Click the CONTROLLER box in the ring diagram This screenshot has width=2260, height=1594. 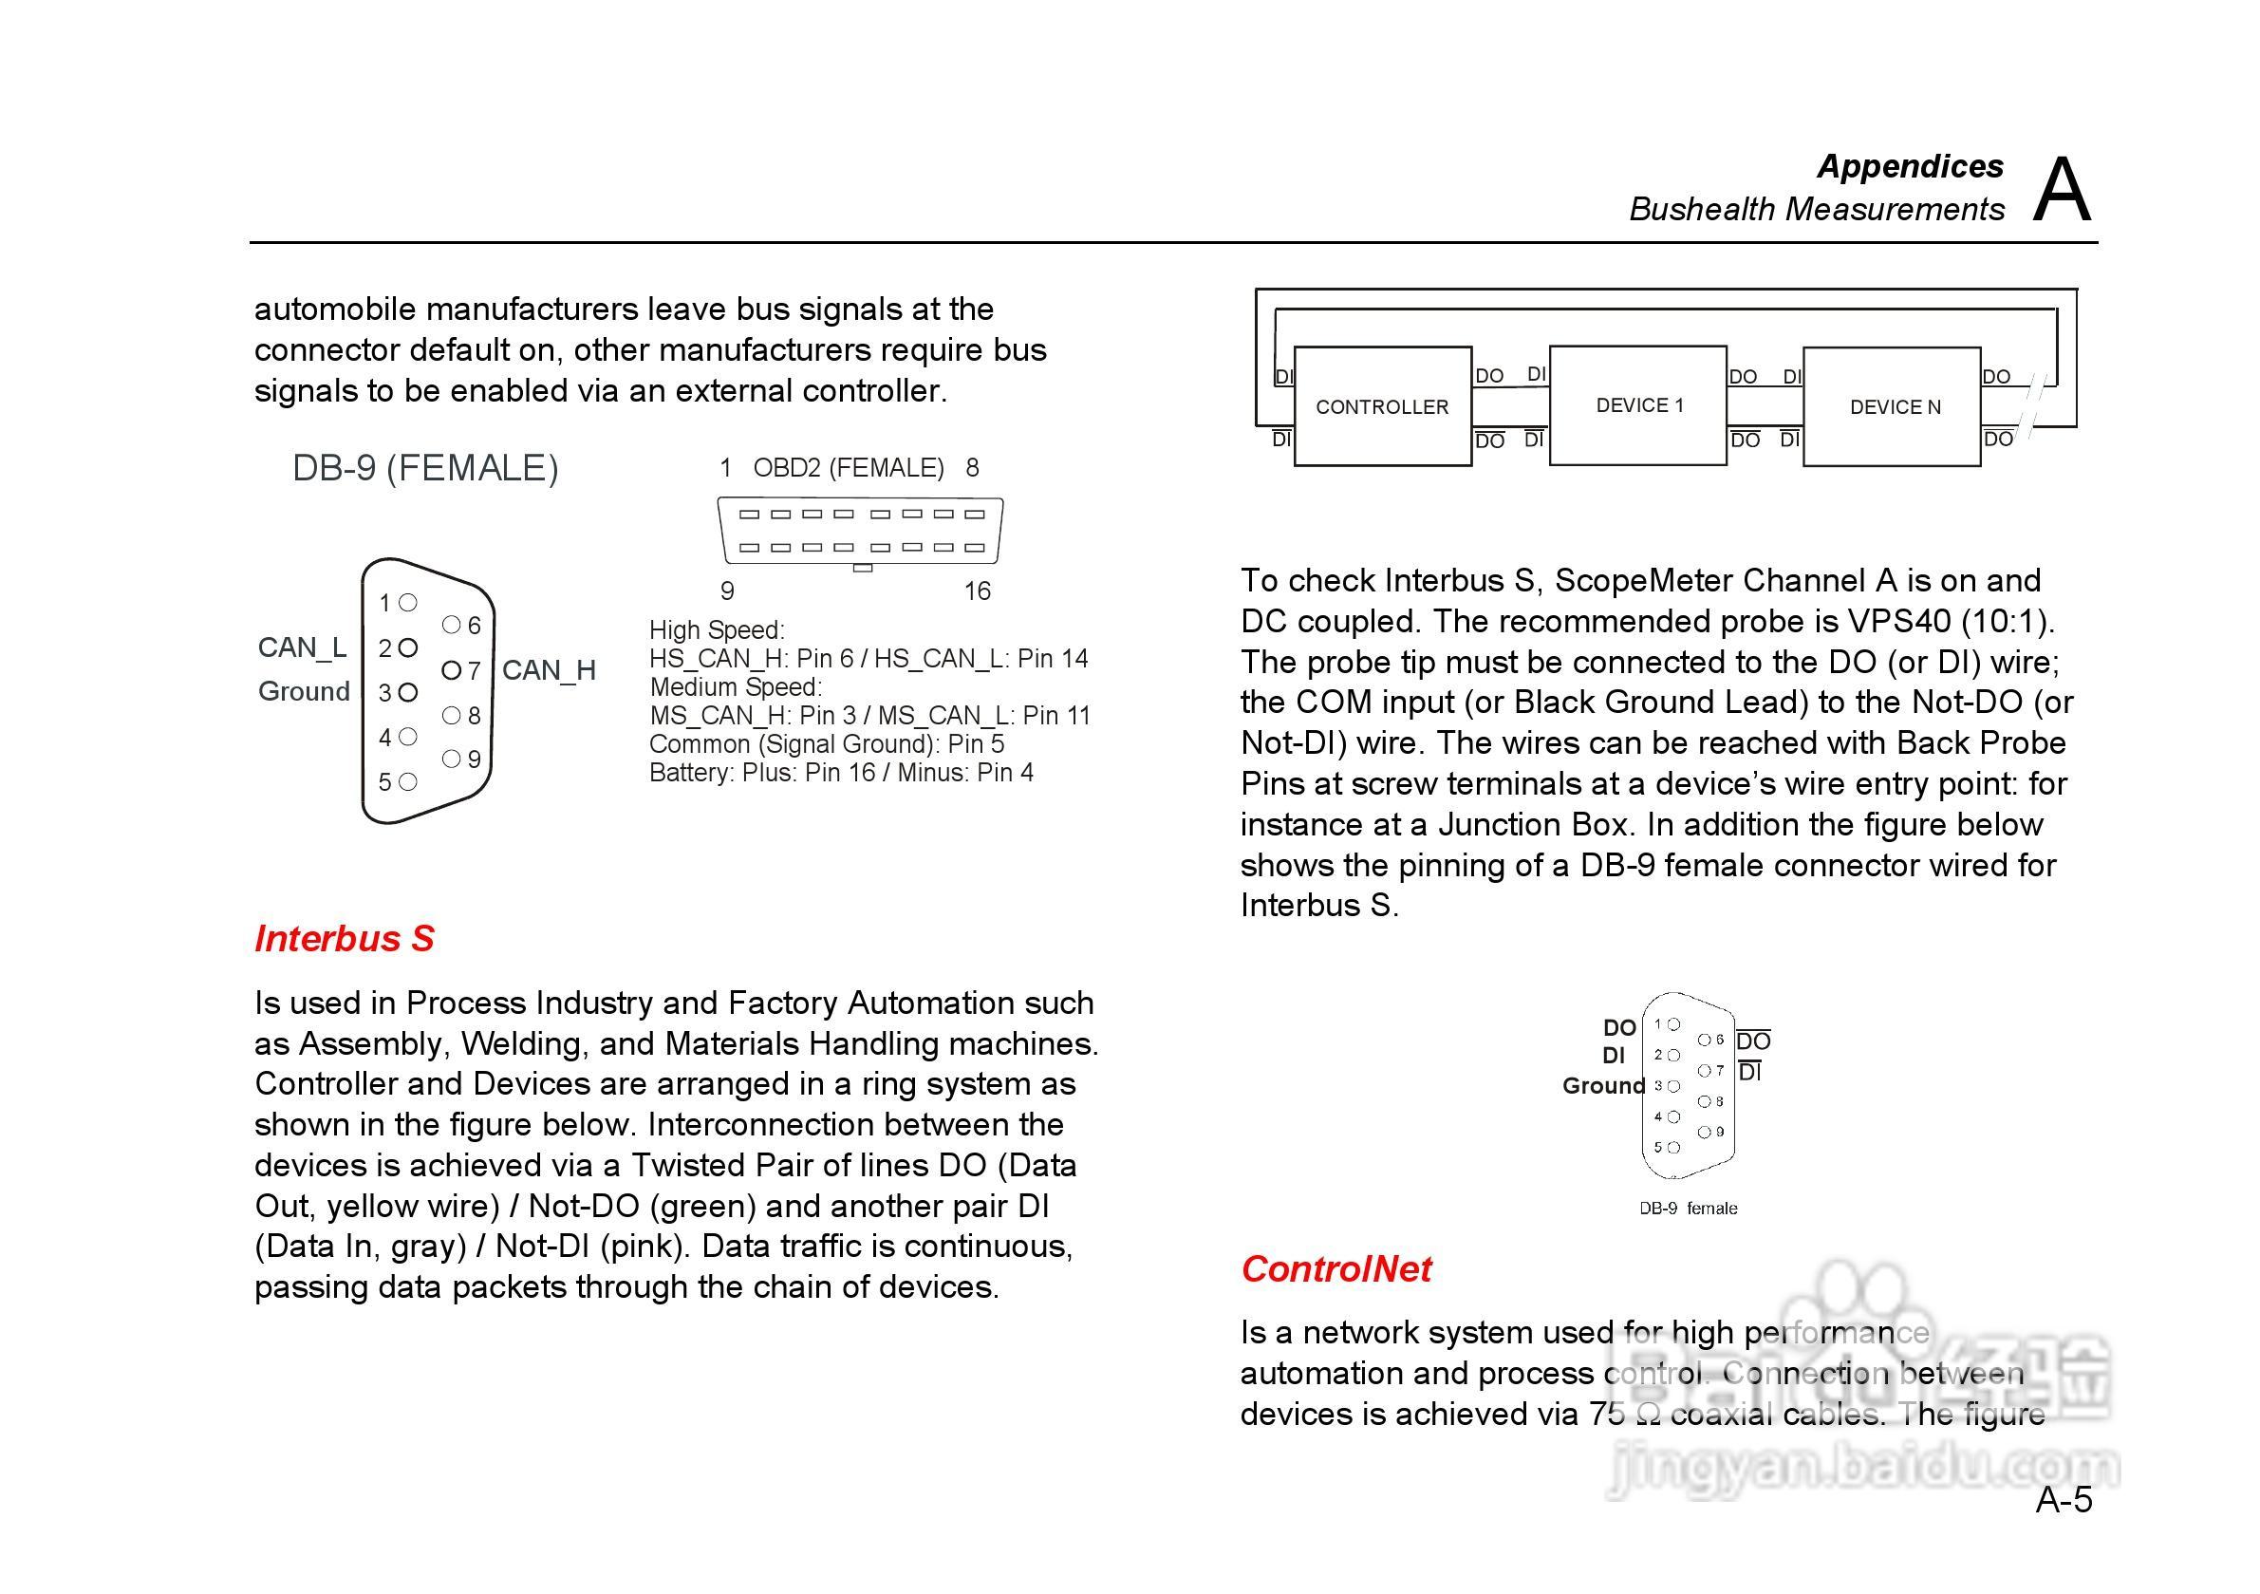pyautogui.click(x=1382, y=406)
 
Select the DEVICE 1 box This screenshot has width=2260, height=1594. pyautogui.click(x=1638, y=404)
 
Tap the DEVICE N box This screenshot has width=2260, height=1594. pyautogui.click(x=1892, y=406)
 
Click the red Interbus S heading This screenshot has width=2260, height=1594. pyautogui.click(x=345, y=938)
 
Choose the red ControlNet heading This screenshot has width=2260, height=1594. pyautogui.click(x=1335, y=1269)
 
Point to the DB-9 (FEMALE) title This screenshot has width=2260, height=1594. pyautogui.click(x=425, y=468)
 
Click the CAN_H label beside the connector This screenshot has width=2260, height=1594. pyautogui.click(x=549, y=670)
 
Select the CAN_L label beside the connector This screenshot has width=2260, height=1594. pyautogui.click(x=301, y=647)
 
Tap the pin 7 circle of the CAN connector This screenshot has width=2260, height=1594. pyautogui.click(x=451, y=670)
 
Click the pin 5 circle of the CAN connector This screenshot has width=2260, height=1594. pyautogui.click(x=407, y=781)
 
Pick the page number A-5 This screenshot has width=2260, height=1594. pyautogui.click(x=2064, y=1500)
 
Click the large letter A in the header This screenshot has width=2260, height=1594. pyautogui.click(x=2062, y=190)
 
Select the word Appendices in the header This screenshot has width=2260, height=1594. pyautogui.click(x=1910, y=166)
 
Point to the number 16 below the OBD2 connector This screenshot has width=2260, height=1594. pyautogui.click(x=977, y=591)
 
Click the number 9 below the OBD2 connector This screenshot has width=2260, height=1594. pyautogui.click(x=727, y=591)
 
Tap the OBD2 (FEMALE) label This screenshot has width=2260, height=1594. pyautogui.click(x=849, y=468)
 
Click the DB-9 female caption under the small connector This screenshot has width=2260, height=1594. pyautogui.click(x=1687, y=1208)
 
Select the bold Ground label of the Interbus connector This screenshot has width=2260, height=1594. pyautogui.click(x=1602, y=1086)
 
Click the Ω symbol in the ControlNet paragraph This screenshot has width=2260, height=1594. pyautogui.click(x=1647, y=1415)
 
